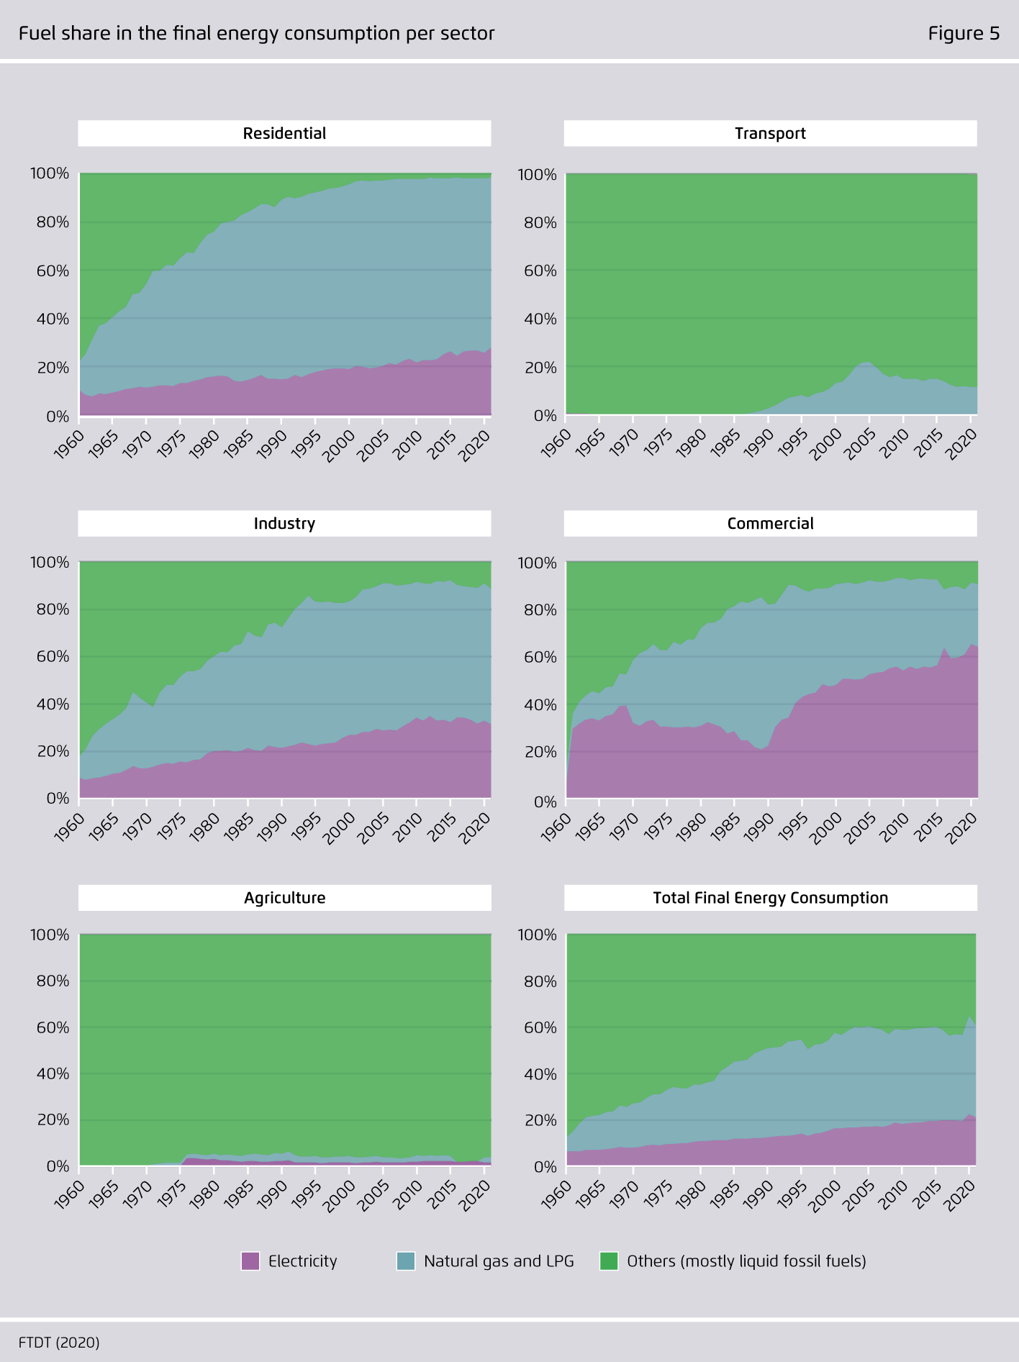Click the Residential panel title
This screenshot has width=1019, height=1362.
(284, 134)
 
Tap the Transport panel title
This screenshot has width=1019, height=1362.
(770, 134)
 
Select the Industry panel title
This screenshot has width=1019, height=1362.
(284, 524)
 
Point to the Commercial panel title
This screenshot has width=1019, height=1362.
(770, 524)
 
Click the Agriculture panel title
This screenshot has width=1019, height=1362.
(284, 898)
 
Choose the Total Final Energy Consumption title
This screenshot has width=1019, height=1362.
(770, 898)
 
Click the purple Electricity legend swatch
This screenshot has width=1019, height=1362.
(250, 1261)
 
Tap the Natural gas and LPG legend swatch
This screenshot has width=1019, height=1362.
(406, 1261)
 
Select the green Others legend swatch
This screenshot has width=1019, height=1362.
(609, 1261)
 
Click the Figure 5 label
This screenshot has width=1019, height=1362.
(964, 34)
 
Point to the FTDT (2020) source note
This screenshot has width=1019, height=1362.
(59, 1343)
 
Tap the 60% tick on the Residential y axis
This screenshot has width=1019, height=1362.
(53, 271)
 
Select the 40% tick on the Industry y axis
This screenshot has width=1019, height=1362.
(53, 704)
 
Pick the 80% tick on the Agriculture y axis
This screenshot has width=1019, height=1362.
(53, 981)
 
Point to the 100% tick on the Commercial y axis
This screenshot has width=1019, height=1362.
(538, 563)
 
